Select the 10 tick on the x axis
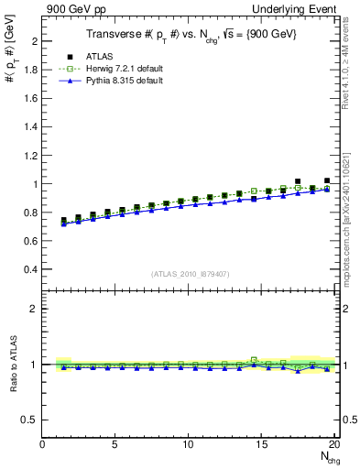coord(189,444)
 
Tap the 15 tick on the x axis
coord(262,444)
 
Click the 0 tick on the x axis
coord(43,444)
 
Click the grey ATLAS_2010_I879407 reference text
coord(189,274)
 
